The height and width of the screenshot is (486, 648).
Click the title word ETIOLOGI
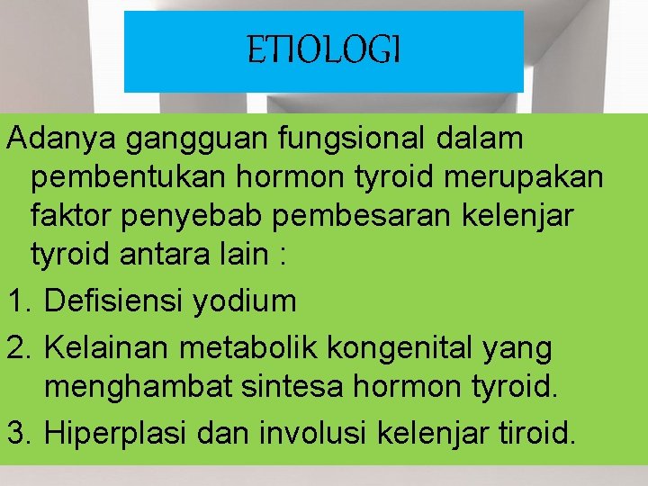tap(323, 51)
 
